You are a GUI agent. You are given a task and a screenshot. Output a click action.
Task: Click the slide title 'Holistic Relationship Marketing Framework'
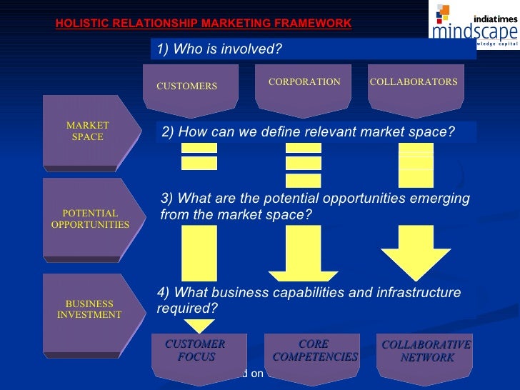(x=204, y=24)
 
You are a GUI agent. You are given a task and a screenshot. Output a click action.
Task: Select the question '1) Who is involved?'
(x=219, y=49)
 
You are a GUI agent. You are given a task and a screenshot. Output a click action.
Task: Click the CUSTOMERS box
(x=186, y=86)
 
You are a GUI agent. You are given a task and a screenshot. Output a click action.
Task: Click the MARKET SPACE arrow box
(x=87, y=131)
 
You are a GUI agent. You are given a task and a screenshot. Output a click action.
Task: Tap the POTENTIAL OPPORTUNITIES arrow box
(x=90, y=219)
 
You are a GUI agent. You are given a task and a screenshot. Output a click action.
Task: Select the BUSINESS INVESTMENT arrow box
(x=89, y=309)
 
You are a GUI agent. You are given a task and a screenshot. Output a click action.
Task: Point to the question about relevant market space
(x=308, y=132)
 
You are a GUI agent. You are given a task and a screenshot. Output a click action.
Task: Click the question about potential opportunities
(x=315, y=206)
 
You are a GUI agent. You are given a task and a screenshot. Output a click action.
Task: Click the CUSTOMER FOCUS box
(x=195, y=351)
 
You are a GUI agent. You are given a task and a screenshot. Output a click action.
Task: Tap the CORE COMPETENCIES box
(x=315, y=351)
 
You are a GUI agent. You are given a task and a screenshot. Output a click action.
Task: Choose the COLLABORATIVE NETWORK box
(x=426, y=351)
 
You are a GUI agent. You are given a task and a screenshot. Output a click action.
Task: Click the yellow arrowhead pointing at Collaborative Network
(x=416, y=261)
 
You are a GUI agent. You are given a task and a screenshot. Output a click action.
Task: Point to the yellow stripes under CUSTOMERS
(x=199, y=156)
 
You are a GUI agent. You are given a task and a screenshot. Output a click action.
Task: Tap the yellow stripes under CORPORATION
(x=304, y=164)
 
